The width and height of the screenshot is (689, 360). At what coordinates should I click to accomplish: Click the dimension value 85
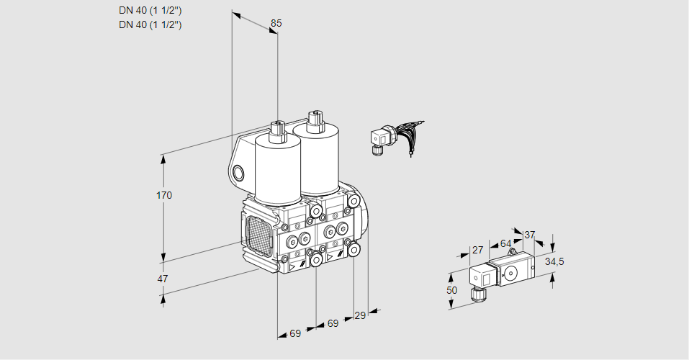coord(276,24)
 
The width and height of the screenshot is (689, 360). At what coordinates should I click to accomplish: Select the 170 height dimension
coord(165,196)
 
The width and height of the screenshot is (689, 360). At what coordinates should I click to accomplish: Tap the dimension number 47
coord(163,279)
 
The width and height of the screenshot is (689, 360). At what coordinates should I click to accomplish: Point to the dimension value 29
coord(361,315)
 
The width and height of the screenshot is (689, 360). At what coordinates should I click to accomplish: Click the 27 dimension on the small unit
coord(477,250)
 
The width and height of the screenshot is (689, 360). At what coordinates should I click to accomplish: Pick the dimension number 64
coord(505,244)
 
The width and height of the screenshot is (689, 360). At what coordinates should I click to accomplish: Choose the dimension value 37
coord(530,235)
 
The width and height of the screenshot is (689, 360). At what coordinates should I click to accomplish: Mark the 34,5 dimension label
coord(554,261)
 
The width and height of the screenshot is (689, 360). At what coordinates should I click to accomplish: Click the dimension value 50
coord(451,290)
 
